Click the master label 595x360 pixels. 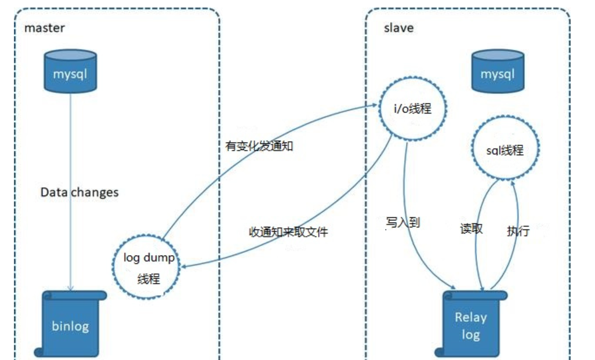(x=45, y=28)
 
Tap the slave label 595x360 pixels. (x=398, y=28)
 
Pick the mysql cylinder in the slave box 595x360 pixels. (x=497, y=74)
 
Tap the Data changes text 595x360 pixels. (x=79, y=192)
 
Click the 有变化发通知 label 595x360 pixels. (x=259, y=146)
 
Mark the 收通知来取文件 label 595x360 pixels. (x=288, y=232)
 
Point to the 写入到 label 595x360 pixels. (x=402, y=222)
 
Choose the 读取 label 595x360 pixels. (x=471, y=228)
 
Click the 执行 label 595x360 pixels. (x=518, y=231)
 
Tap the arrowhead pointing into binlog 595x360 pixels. (x=71, y=288)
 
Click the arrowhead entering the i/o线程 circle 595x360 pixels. (x=376, y=106)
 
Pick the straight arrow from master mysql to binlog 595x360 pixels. (x=71, y=191)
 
